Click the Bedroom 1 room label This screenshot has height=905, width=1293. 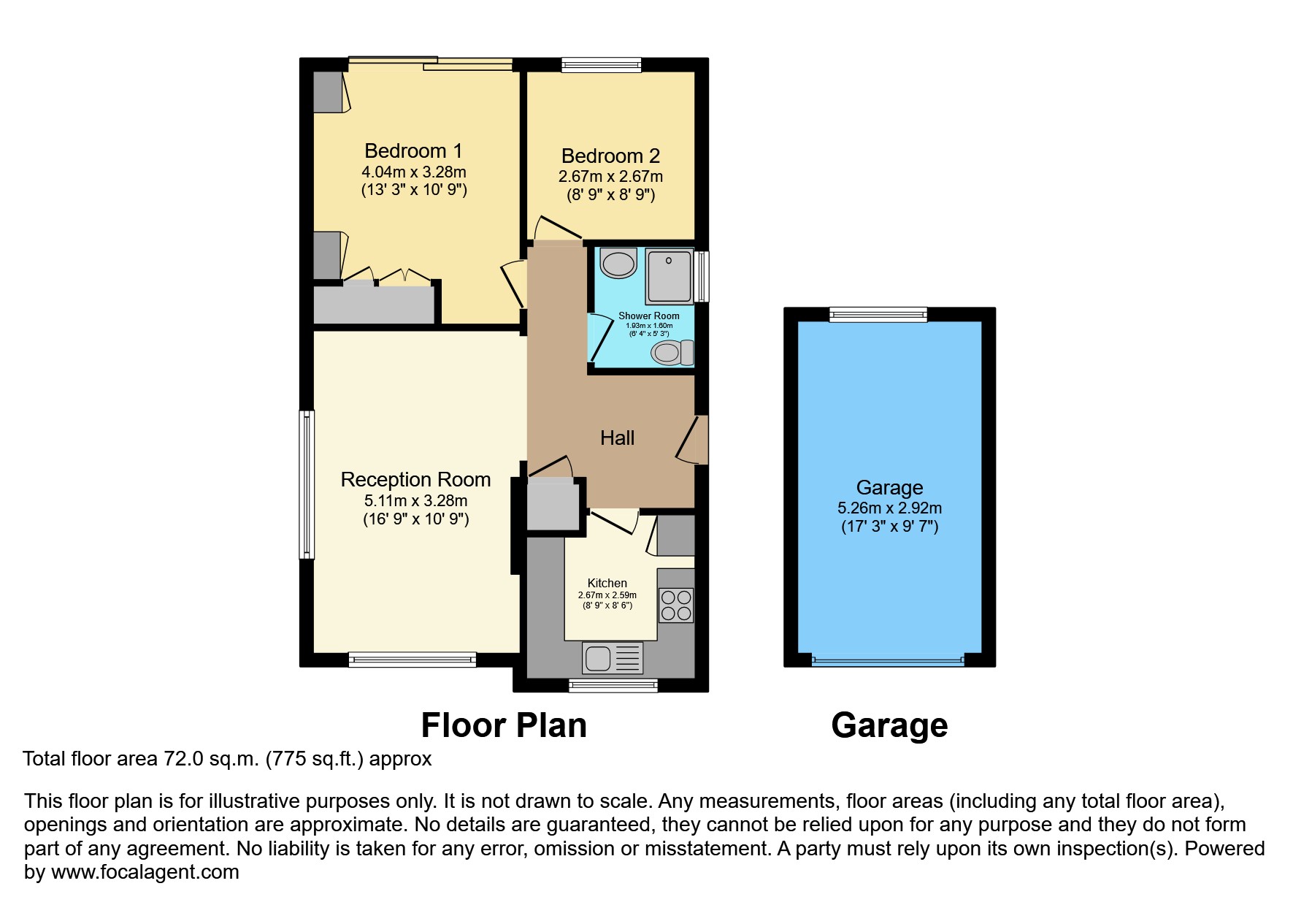coord(413,151)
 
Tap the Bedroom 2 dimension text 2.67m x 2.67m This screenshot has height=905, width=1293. coord(610,177)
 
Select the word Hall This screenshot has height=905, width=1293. coord(617,438)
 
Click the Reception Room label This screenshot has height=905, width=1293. coord(415,480)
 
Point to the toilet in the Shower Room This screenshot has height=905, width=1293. coord(670,353)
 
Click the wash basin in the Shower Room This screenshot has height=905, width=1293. coord(619,263)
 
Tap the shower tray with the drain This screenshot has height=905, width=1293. coord(669,277)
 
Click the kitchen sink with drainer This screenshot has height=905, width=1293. coord(612,658)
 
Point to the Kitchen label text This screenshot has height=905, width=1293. coord(607,583)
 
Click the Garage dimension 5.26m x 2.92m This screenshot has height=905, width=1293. coord(889,508)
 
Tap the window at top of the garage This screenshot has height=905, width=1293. coord(878,315)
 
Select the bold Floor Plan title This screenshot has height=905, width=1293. coord(504,725)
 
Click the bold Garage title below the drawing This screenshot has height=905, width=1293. coord(889,725)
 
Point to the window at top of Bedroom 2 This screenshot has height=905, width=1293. coord(601,65)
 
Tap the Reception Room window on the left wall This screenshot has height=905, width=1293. coord(307,484)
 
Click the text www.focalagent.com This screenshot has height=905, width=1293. coord(145,872)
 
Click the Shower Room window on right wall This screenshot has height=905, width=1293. coord(702,276)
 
